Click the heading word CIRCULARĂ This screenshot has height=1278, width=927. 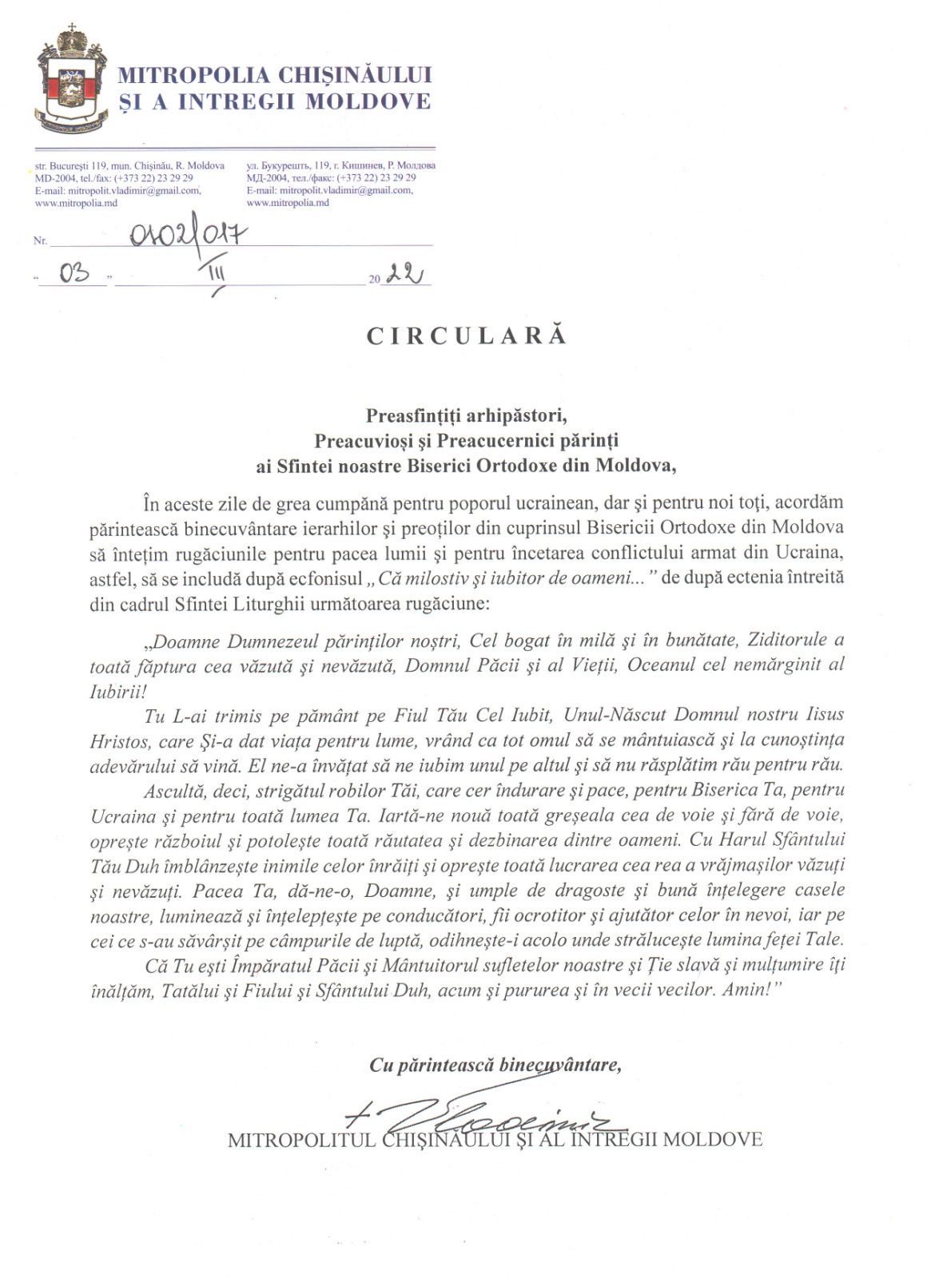467,335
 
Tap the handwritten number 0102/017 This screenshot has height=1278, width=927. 188,236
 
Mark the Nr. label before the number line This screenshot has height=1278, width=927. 40,240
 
